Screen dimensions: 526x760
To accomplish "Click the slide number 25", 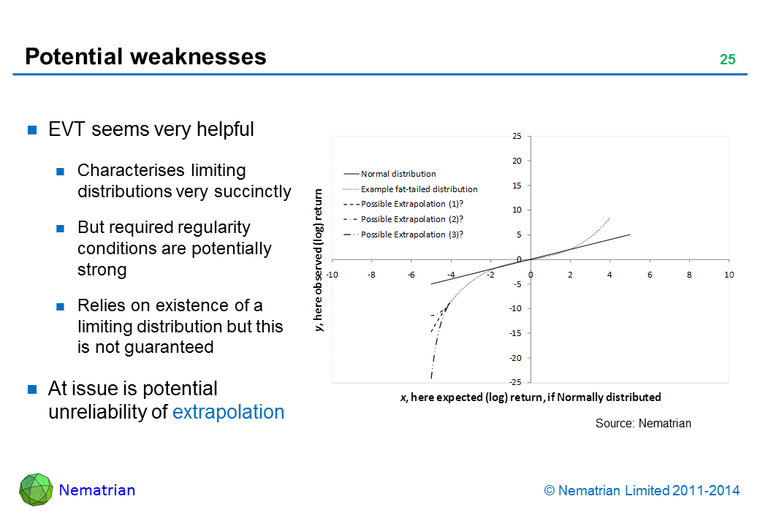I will pyautogui.click(x=727, y=60).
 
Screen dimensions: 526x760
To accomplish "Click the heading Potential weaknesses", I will pyautogui.click(x=145, y=57).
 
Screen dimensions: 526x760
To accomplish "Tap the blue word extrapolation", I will pyautogui.click(x=228, y=412).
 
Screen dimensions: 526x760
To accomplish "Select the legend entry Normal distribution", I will pyautogui.click(x=398, y=174).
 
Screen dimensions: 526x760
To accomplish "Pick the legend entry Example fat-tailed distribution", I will pyautogui.click(x=419, y=189).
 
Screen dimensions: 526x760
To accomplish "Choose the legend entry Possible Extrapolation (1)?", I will pyautogui.click(x=412, y=204).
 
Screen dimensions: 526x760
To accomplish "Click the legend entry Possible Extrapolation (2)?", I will pyautogui.click(x=412, y=219).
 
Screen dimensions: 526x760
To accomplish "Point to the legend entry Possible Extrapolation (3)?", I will pyautogui.click(x=412, y=235).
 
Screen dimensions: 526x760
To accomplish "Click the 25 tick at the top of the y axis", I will pyautogui.click(x=516, y=136).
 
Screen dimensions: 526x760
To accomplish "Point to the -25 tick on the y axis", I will pyautogui.click(x=515, y=383).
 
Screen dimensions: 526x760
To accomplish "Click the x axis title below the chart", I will pyautogui.click(x=531, y=397).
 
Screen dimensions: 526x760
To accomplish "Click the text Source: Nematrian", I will pyautogui.click(x=643, y=424).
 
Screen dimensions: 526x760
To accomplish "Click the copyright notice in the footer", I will pyautogui.click(x=642, y=491).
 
